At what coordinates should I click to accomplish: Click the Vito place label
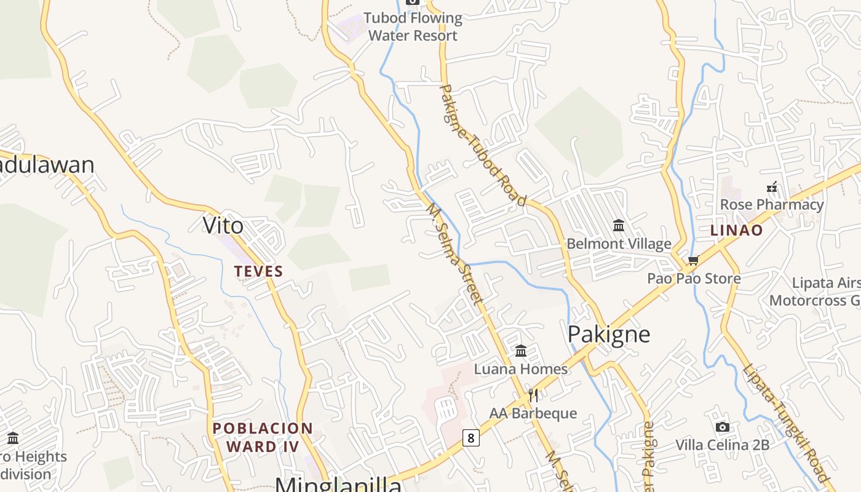pos(223,226)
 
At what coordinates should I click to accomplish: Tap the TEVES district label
pos(258,271)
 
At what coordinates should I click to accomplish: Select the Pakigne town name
pos(608,335)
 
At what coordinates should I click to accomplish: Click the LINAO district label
pos(736,231)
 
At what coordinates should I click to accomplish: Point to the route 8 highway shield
pos(470,438)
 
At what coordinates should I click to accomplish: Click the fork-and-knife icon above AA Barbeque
pos(533,395)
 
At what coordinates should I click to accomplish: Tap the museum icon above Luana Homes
pos(521,351)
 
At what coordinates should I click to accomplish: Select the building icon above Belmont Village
pos(619,226)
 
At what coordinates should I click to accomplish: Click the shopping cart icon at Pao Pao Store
pos(694,261)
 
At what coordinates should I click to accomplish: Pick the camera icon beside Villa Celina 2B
pos(723,427)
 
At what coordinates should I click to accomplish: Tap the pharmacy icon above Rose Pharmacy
pos(772,187)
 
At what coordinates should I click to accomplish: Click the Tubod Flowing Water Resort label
pos(413,27)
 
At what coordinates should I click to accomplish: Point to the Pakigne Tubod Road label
pos(483,145)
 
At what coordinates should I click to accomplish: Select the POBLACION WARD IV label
pos(263,437)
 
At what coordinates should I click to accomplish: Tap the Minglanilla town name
pos(338,484)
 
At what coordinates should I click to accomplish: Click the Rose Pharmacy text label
pos(771,205)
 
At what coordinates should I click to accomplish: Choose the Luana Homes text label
pos(520,369)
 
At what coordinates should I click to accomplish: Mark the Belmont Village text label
pos(619,244)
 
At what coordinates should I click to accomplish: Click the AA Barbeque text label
pos(533,413)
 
